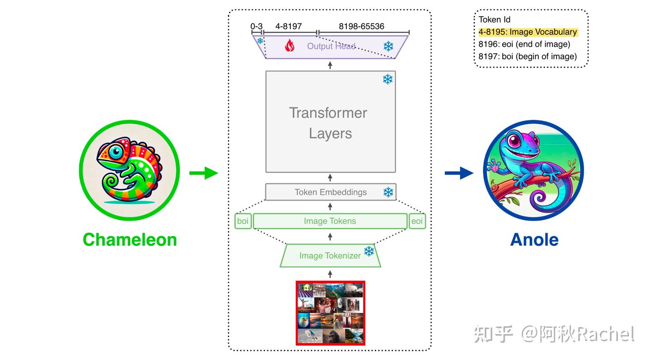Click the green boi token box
[243, 221]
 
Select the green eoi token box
[417, 221]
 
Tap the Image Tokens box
[330, 221]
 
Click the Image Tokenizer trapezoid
[330, 256]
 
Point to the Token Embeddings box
[330, 192]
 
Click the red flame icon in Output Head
[290, 46]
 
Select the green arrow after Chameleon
[203, 173]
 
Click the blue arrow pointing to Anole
[459, 173]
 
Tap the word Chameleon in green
[130, 240]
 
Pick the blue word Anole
[534, 240]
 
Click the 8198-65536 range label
[362, 26]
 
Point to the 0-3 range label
[256, 26]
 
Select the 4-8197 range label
[288, 26]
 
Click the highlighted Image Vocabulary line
[528, 32]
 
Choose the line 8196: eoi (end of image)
[524, 44]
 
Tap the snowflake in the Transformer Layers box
[387, 80]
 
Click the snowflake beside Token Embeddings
[388, 192]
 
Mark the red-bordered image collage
[330, 313]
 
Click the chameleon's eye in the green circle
[116, 152]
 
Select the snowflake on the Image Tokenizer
[369, 251]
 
